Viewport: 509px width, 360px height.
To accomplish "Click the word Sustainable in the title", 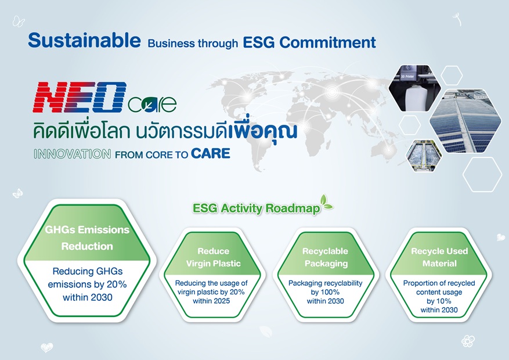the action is (x=84, y=40).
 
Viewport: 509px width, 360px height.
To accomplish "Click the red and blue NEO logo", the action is (x=80, y=97).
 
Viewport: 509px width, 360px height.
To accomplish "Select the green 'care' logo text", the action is (x=152, y=104).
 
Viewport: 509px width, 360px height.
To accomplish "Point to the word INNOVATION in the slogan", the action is (x=73, y=154).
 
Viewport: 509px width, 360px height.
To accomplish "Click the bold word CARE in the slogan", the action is (x=211, y=153).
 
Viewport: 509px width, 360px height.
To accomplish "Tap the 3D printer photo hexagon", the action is (x=414, y=88).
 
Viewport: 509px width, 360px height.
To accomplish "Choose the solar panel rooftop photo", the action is (x=465, y=121).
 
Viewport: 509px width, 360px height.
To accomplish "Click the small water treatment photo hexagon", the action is (x=424, y=156).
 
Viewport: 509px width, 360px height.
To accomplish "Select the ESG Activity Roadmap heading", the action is (x=256, y=208).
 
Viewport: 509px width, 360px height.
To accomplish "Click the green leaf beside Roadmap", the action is (x=326, y=203).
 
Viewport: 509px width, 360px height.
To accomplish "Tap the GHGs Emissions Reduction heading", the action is (x=87, y=237).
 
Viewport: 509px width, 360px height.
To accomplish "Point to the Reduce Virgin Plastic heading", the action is (x=213, y=257).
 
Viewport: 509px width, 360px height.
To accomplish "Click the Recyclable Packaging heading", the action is (x=325, y=257).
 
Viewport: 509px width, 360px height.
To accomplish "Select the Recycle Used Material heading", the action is (x=439, y=257).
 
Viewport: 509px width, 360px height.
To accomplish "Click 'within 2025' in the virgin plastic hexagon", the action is (x=211, y=301).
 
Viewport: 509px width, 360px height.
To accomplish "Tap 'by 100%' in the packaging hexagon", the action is (x=325, y=292).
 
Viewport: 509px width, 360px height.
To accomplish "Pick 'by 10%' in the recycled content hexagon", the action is (x=439, y=301).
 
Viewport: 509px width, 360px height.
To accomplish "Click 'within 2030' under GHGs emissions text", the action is (x=88, y=297).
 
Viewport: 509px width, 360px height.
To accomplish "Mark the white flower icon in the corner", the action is (x=468, y=341).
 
